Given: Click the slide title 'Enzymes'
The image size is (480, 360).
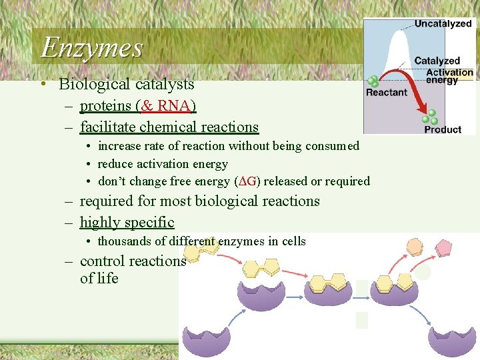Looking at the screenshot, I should pos(92,47).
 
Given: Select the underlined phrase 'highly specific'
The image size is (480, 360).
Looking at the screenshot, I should pos(127,223).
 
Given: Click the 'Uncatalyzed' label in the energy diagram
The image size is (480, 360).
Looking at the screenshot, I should pos(443,24).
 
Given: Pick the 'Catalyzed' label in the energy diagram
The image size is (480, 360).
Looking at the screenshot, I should pos(437,61).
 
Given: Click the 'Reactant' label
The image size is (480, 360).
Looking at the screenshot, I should pos(386,93).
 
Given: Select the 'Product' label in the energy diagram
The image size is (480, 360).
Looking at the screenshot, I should pos(443,129).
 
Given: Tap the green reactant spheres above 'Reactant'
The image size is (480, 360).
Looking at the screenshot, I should pos(373,81).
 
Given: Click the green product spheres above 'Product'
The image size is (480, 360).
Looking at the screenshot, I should pos(432,117).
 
